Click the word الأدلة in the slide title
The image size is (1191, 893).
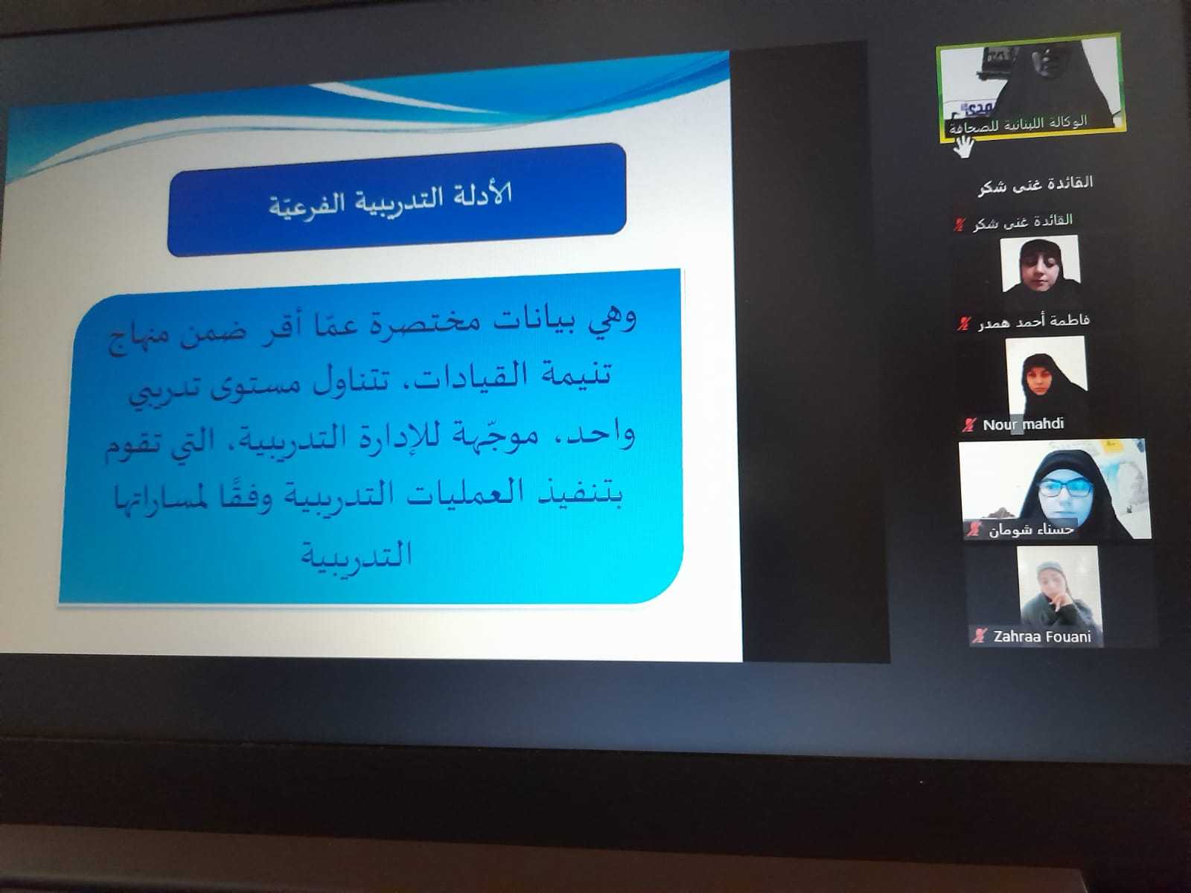[x=477, y=195]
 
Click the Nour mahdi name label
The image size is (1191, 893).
[x=1024, y=423]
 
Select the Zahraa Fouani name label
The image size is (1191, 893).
[x=1042, y=636]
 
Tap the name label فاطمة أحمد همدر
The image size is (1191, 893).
[x=1034, y=321]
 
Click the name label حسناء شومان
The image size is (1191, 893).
[x=1031, y=529]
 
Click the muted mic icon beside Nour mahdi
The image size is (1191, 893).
[x=969, y=424]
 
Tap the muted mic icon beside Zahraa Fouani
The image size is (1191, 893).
[x=980, y=636]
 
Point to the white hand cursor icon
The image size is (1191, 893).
[x=964, y=147]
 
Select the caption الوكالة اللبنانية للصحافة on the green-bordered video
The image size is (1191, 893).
[x=1018, y=124]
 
